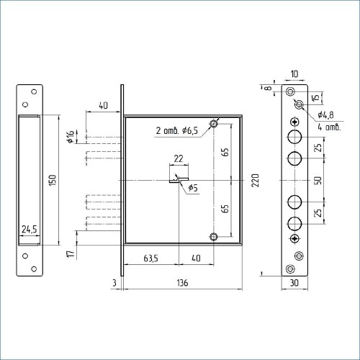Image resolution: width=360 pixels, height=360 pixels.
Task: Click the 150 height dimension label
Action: click(x=53, y=180)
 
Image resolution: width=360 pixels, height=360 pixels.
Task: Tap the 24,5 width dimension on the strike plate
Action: click(x=30, y=230)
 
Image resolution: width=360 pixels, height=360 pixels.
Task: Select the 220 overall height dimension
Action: click(x=255, y=180)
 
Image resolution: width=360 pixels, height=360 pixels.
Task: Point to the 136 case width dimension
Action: click(x=182, y=283)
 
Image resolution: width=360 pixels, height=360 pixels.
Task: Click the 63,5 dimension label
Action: click(x=150, y=258)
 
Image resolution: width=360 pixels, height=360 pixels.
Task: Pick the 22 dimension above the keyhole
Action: click(x=179, y=158)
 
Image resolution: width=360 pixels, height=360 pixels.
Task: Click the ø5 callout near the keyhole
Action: click(x=193, y=188)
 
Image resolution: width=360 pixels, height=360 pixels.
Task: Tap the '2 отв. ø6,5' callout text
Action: click(x=177, y=130)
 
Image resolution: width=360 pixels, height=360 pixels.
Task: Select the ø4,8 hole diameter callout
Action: click(x=325, y=115)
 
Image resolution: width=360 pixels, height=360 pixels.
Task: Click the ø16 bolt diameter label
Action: click(x=71, y=137)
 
